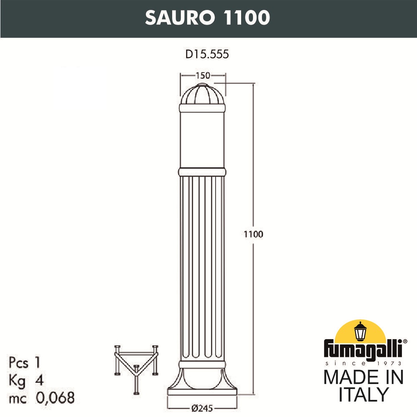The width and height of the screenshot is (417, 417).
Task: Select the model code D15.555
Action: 207,54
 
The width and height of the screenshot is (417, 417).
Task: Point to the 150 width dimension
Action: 203,75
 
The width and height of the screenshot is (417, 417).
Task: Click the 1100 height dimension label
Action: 254,234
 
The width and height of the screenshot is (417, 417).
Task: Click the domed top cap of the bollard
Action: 202,95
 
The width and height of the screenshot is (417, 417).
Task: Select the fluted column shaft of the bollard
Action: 202,267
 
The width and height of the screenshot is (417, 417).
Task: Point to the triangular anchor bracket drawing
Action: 136,367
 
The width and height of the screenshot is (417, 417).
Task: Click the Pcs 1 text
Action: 25,362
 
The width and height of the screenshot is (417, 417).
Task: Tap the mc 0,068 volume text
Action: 41,398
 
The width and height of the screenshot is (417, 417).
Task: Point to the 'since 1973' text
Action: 363,363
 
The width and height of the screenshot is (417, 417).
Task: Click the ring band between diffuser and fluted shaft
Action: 202,172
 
